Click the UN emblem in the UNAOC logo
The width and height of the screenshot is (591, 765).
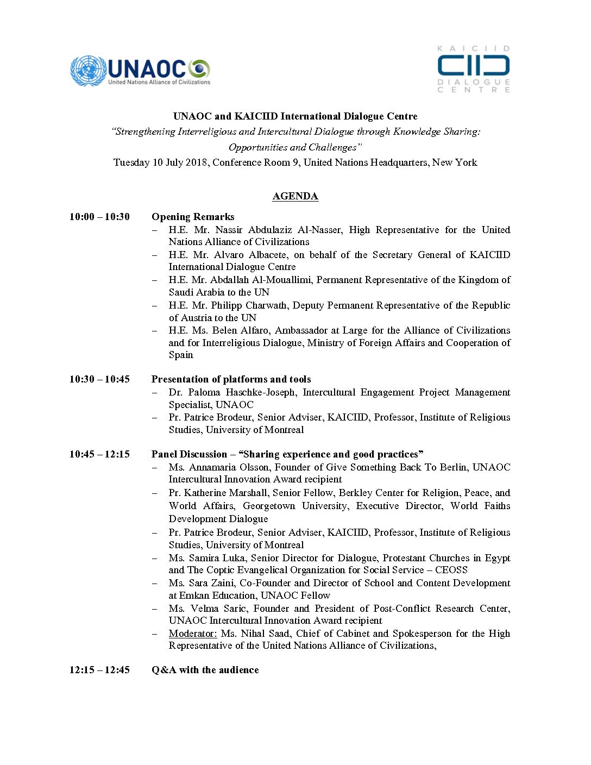(87, 71)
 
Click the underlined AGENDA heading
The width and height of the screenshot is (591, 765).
(295, 196)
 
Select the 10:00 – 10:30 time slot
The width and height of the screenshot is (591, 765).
(99, 217)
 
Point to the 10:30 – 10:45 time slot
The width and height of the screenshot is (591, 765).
(99, 379)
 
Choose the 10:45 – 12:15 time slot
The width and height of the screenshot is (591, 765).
(99, 454)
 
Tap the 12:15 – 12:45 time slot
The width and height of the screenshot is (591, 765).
(99, 670)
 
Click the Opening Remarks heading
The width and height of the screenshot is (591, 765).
(193, 217)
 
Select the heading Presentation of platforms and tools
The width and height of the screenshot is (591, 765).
(231, 379)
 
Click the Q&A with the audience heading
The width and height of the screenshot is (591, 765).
(205, 670)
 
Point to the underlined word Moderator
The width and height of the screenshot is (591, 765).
(193, 634)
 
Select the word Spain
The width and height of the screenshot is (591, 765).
(181, 355)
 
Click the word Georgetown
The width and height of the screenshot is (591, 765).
(270, 506)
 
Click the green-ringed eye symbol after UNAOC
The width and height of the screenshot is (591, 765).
(199, 69)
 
